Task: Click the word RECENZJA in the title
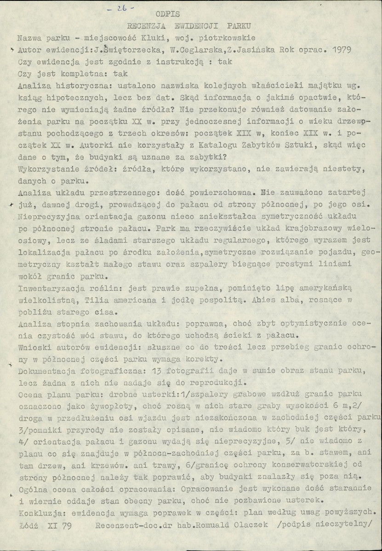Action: click(142, 26)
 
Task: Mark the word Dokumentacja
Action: click(45, 371)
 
